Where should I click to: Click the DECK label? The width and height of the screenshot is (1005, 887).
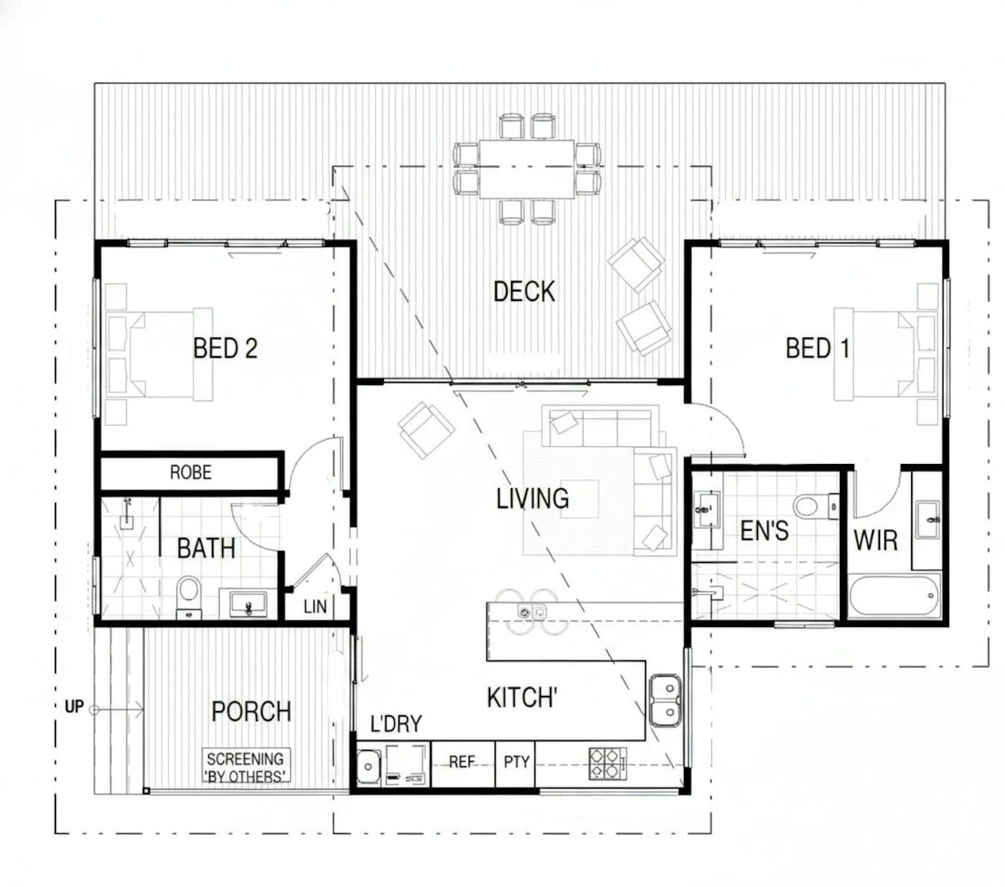point(524,292)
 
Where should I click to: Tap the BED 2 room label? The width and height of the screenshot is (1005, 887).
point(225,348)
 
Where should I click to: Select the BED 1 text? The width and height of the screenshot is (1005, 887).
point(817,348)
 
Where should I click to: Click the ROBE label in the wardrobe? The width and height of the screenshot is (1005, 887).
point(190,473)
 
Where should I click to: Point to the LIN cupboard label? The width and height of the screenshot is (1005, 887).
point(314,607)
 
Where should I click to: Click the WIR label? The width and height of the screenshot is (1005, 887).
point(875,539)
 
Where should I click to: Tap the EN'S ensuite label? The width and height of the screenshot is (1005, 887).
point(764,531)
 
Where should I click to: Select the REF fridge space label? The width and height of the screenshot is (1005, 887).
point(462,762)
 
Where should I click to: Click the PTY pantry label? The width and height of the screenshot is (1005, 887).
point(516,762)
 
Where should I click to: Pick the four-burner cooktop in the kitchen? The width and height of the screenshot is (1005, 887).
point(605,763)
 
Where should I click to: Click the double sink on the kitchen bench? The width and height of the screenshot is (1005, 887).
point(665,701)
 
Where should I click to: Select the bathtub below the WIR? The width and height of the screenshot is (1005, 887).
point(894,595)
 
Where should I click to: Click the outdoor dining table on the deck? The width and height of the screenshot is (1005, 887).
point(526,168)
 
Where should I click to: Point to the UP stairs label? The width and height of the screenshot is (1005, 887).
point(74,707)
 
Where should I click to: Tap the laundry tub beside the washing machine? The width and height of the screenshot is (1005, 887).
point(369,766)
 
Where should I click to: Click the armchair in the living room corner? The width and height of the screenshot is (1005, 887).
point(426,429)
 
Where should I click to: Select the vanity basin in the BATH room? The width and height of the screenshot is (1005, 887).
point(248,604)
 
